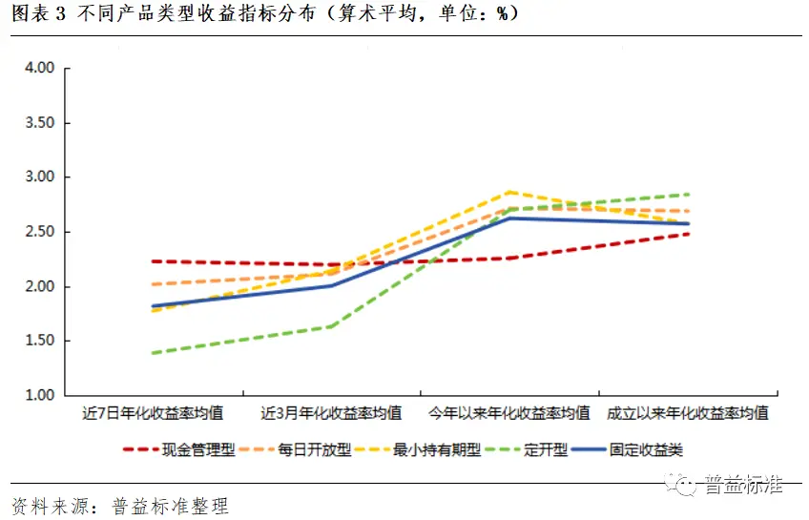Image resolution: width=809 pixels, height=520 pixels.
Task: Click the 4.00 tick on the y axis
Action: click(x=41, y=68)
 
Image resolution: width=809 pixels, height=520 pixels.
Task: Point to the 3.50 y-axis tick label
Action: click(x=41, y=123)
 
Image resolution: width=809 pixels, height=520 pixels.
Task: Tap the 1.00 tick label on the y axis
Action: click(x=41, y=395)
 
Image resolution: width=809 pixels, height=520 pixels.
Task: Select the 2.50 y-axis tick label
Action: click(x=41, y=232)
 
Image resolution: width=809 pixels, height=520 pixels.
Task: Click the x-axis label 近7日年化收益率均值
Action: click(x=154, y=414)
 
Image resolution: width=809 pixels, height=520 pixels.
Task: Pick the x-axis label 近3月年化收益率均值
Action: click(x=331, y=414)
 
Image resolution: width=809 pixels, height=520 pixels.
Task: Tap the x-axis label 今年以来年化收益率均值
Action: click(x=509, y=414)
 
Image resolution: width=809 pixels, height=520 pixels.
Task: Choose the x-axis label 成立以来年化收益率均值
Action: click(x=688, y=414)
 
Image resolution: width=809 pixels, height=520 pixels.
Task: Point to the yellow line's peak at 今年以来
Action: click(x=510, y=192)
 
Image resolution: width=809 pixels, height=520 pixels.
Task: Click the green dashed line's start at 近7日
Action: click(x=154, y=353)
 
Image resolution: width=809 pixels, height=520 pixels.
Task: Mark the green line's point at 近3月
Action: click(x=331, y=326)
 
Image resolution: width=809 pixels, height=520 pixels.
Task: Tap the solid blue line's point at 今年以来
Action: click(x=510, y=218)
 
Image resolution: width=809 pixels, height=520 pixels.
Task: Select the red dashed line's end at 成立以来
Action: click(x=688, y=234)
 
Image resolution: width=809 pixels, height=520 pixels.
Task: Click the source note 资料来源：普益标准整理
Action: click(x=120, y=506)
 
